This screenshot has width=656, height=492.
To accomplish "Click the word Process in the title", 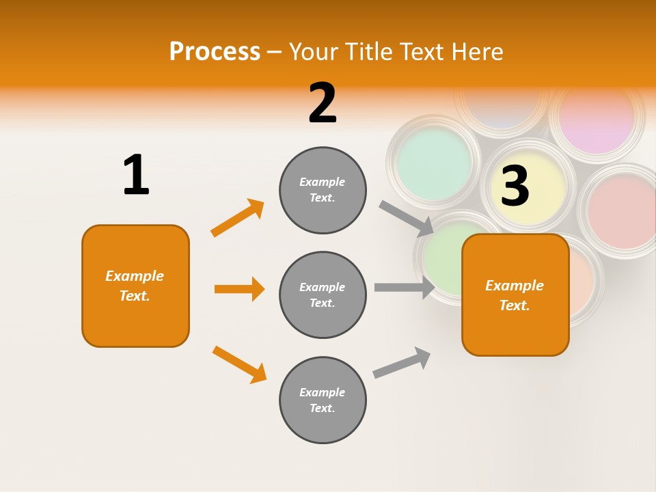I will click(215, 52).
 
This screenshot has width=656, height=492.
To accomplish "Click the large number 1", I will click(136, 175).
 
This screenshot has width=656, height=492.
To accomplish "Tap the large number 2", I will click(323, 103).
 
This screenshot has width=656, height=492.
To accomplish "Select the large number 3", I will click(515, 186).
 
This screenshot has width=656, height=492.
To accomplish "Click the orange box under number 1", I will click(135, 286).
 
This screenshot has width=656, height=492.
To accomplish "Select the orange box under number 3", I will click(515, 295).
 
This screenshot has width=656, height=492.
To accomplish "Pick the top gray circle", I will click(323, 190).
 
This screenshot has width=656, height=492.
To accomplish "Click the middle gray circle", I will click(323, 295).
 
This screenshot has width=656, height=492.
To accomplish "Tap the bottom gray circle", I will click(323, 400).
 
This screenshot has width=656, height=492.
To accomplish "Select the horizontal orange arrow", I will click(239, 289).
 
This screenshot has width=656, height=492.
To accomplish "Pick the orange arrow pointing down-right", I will click(239, 364).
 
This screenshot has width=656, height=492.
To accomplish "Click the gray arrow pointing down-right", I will click(406, 217).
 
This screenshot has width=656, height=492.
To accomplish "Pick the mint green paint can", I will click(434, 163).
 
